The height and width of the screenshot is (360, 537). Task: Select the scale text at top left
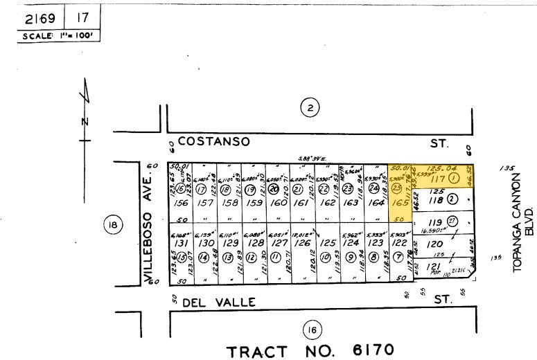click(58, 35)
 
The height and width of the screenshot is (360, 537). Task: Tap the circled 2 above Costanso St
click(309, 107)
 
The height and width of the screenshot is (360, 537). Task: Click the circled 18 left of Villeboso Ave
click(113, 224)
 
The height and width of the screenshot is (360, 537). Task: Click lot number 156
click(182, 204)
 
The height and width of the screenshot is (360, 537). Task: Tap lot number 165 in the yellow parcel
click(400, 204)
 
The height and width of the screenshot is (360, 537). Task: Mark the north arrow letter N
click(85, 122)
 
